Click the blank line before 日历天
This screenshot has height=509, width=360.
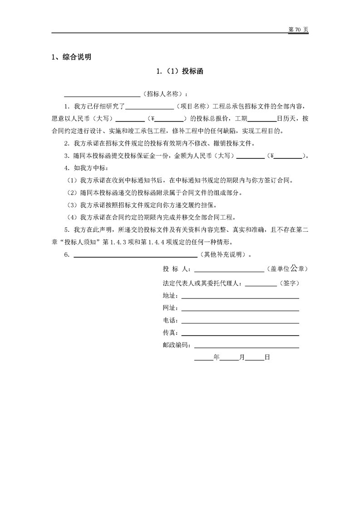coord(263,119)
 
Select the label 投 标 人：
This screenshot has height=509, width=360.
coord(178,269)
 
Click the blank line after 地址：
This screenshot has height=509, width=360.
coord(240,297)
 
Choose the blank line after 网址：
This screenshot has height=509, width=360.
coord(240,309)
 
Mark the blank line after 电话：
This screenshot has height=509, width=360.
coord(240,322)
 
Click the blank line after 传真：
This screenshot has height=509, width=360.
coord(240,334)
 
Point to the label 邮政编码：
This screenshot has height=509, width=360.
coord(178,345)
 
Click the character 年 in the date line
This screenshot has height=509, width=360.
coord(216,357)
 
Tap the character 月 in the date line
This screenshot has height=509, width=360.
coord(242,357)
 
